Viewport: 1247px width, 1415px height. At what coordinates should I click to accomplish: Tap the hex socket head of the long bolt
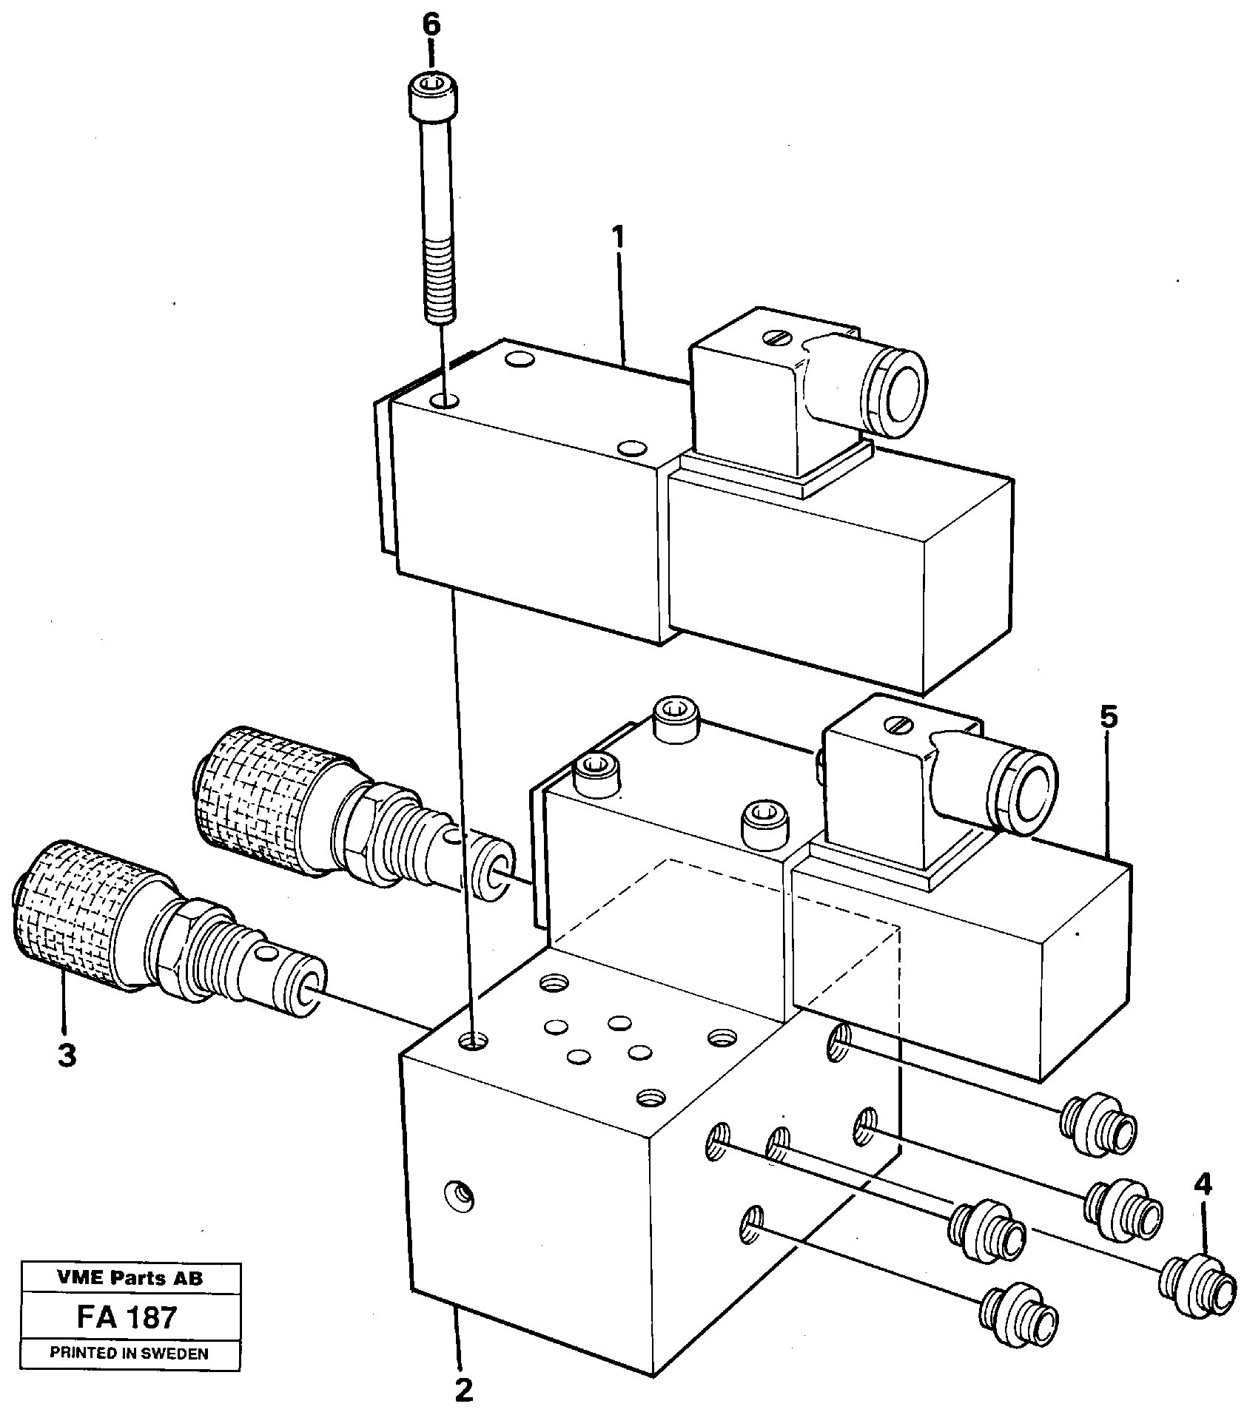(430, 95)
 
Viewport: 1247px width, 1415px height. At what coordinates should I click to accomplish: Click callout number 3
(67, 1056)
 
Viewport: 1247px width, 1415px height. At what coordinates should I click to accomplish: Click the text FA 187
(127, 1317)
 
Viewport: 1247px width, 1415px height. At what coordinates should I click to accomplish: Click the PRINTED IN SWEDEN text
(129, 1354)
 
